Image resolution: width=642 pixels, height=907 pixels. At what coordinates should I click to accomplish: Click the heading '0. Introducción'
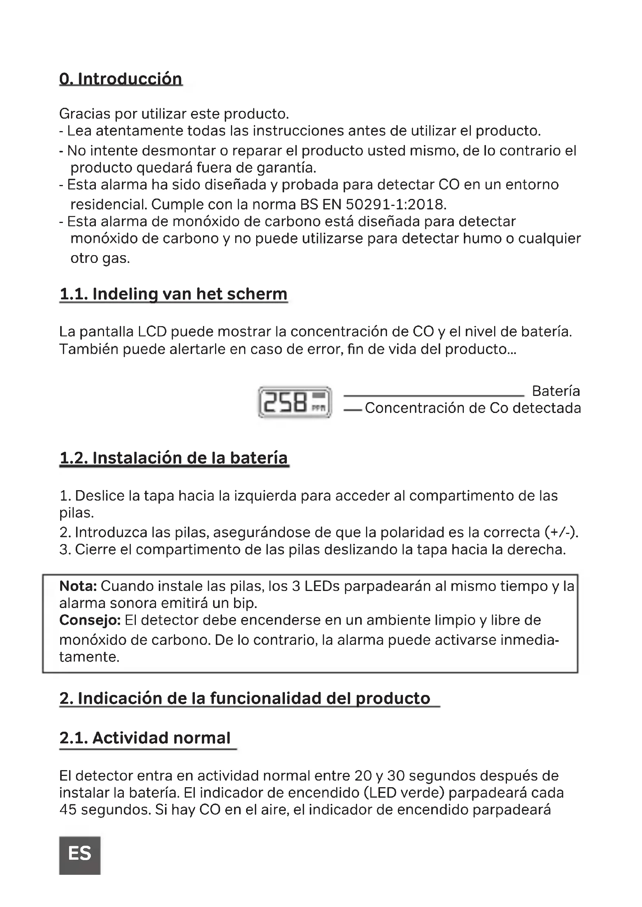point(121,79)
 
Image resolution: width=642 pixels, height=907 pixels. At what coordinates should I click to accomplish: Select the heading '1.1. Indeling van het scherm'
point(173,294)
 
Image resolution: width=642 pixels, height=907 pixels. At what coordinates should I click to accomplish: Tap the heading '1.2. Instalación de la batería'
point(174,458)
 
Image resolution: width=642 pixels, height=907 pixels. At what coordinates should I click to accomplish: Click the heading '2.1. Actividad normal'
point(145,738)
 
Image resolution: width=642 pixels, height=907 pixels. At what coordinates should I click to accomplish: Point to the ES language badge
point(80,853)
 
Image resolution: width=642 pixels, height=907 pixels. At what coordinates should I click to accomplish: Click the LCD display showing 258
point(295,402)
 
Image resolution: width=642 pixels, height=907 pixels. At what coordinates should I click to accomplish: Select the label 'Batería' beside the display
point(556,391)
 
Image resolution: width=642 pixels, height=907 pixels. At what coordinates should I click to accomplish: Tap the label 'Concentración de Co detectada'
point(473,408)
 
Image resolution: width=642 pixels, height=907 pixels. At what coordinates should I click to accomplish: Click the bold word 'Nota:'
point(78,586)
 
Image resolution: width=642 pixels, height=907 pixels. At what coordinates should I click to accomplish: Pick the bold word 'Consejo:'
point(90,620)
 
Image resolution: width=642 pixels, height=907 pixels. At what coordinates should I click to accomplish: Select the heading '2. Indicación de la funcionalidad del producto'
point(245,698)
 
